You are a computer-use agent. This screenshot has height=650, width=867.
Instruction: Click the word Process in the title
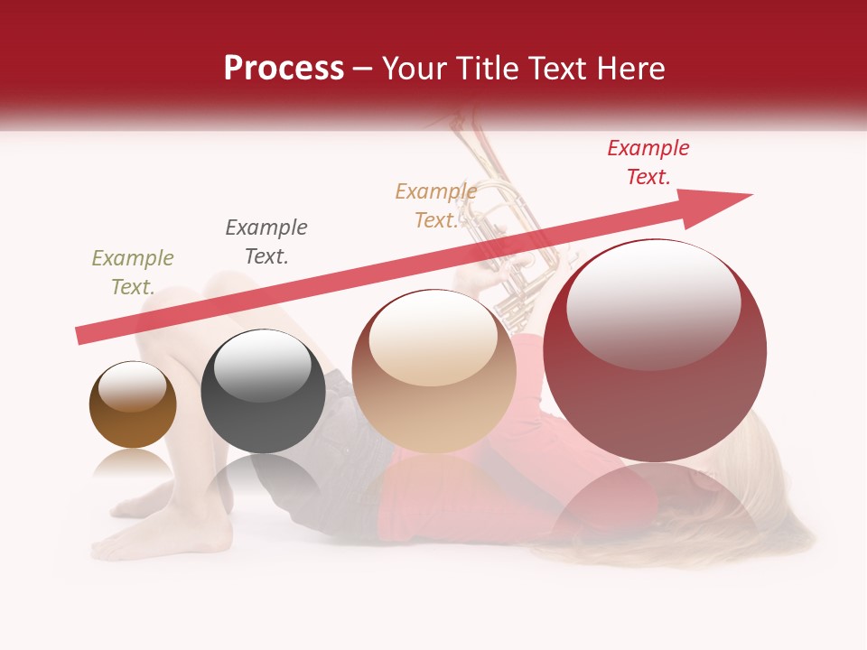click(284, 69)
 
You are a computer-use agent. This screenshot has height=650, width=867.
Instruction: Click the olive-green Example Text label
click(133, 273)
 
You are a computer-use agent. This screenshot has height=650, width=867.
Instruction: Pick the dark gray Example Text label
click(266, 242)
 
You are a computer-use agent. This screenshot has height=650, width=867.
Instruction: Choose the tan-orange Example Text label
click(435, 206)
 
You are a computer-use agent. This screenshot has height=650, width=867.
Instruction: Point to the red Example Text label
click(648, 162)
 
